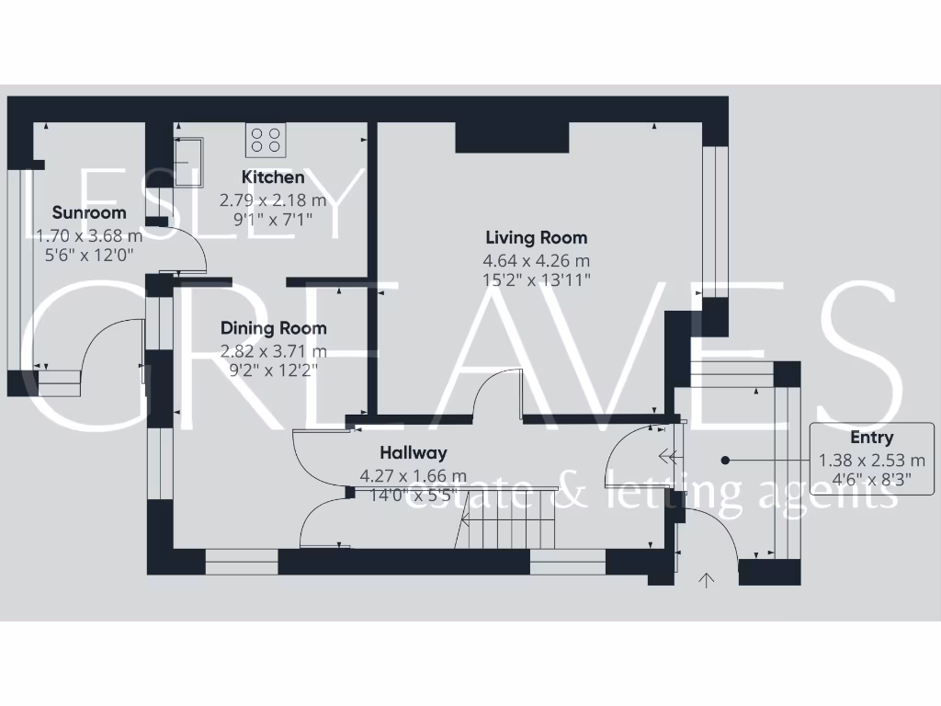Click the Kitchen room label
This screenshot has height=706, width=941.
(273, 176)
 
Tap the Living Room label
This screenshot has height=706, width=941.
(536, 238)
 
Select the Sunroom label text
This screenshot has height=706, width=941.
(89, 212)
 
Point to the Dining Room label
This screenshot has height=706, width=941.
(273, 328)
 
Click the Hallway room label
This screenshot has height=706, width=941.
(414, 452)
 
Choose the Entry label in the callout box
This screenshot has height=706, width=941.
(871, 438)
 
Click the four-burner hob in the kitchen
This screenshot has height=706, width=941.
(266, 139)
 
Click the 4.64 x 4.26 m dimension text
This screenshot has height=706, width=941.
(537, 261)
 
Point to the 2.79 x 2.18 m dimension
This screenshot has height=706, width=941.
(273, 199)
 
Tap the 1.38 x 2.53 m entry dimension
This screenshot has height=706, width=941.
(871, 461)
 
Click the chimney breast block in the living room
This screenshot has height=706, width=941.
(512, 138)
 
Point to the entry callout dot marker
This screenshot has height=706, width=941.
(725, 460)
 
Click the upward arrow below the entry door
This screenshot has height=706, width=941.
(707, 579)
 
